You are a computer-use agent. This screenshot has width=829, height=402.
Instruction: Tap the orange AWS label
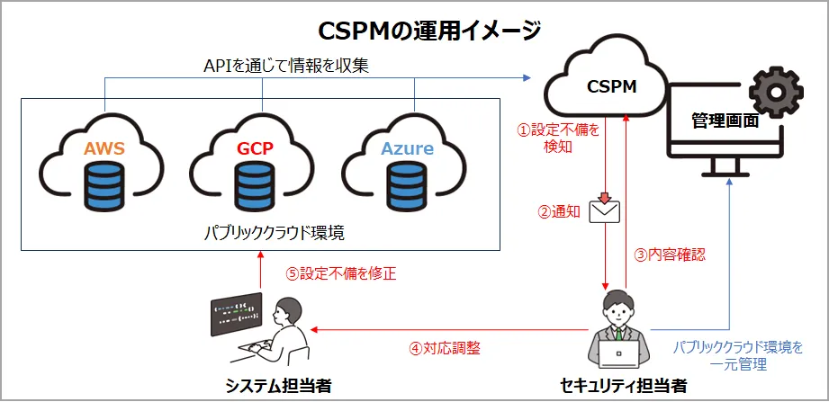pos(104,149)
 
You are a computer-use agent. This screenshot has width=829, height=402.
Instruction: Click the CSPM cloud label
pos(612,87)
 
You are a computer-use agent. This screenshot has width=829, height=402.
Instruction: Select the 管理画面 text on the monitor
pos(725,121)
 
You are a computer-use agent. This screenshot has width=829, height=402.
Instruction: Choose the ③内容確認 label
pos(670,254)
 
